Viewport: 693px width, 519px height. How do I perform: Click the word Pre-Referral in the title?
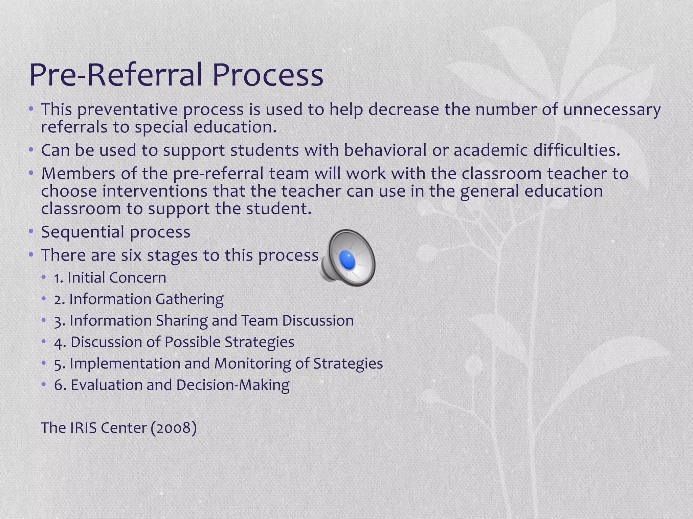click(x=117, y=75)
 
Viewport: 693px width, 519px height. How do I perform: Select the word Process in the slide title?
click(x=268, y=75)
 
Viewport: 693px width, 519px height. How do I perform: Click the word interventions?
click(x=155, y=191)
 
